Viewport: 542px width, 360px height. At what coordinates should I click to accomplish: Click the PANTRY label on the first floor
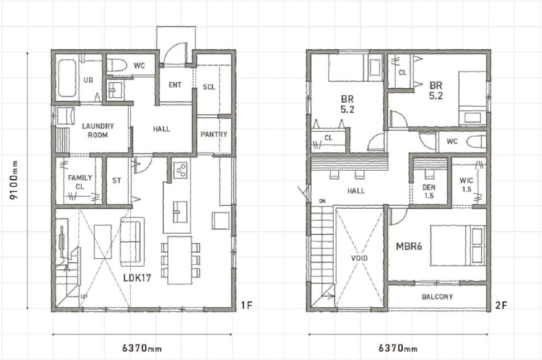214,134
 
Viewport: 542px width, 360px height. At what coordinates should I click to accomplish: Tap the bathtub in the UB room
67,78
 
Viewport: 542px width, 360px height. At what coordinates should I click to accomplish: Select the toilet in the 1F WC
116,65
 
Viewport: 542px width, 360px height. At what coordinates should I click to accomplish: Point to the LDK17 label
137,277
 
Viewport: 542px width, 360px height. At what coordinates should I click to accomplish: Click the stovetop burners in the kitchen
180,170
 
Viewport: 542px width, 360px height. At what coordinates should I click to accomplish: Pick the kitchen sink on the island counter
180,212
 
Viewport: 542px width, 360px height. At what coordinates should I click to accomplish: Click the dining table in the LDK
180,260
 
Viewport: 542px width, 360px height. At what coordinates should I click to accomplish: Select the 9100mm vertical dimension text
14,180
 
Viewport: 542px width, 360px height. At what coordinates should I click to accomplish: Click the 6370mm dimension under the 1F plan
142,347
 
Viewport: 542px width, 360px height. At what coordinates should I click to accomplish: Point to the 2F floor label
501,305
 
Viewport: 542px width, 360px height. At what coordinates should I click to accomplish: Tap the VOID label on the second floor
360,258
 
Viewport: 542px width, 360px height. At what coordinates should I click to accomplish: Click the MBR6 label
409,247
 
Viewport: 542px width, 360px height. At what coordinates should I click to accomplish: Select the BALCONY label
437,297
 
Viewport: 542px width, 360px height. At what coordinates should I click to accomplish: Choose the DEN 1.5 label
429,191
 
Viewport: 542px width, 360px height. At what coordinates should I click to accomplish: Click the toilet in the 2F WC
476,141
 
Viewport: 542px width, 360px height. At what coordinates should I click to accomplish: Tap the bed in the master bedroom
458,246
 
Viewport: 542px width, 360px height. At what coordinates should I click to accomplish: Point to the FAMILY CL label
80,182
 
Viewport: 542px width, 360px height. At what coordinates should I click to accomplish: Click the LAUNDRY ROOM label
98,131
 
